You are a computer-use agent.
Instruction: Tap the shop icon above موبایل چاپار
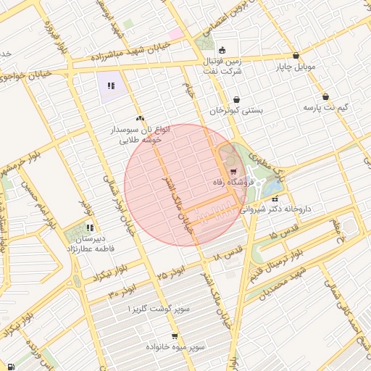[x=296, y=56]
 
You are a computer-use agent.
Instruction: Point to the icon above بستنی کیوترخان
[x=236, y=100]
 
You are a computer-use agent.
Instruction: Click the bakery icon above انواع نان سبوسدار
[x=140, y=118]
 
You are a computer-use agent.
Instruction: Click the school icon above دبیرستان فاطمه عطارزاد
[x=90, y=228]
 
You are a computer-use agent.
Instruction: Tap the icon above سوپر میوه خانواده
[x=175, y=336]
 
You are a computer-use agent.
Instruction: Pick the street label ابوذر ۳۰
[x=122, y=293]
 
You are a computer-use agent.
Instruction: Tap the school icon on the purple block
[x=111, y=86]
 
